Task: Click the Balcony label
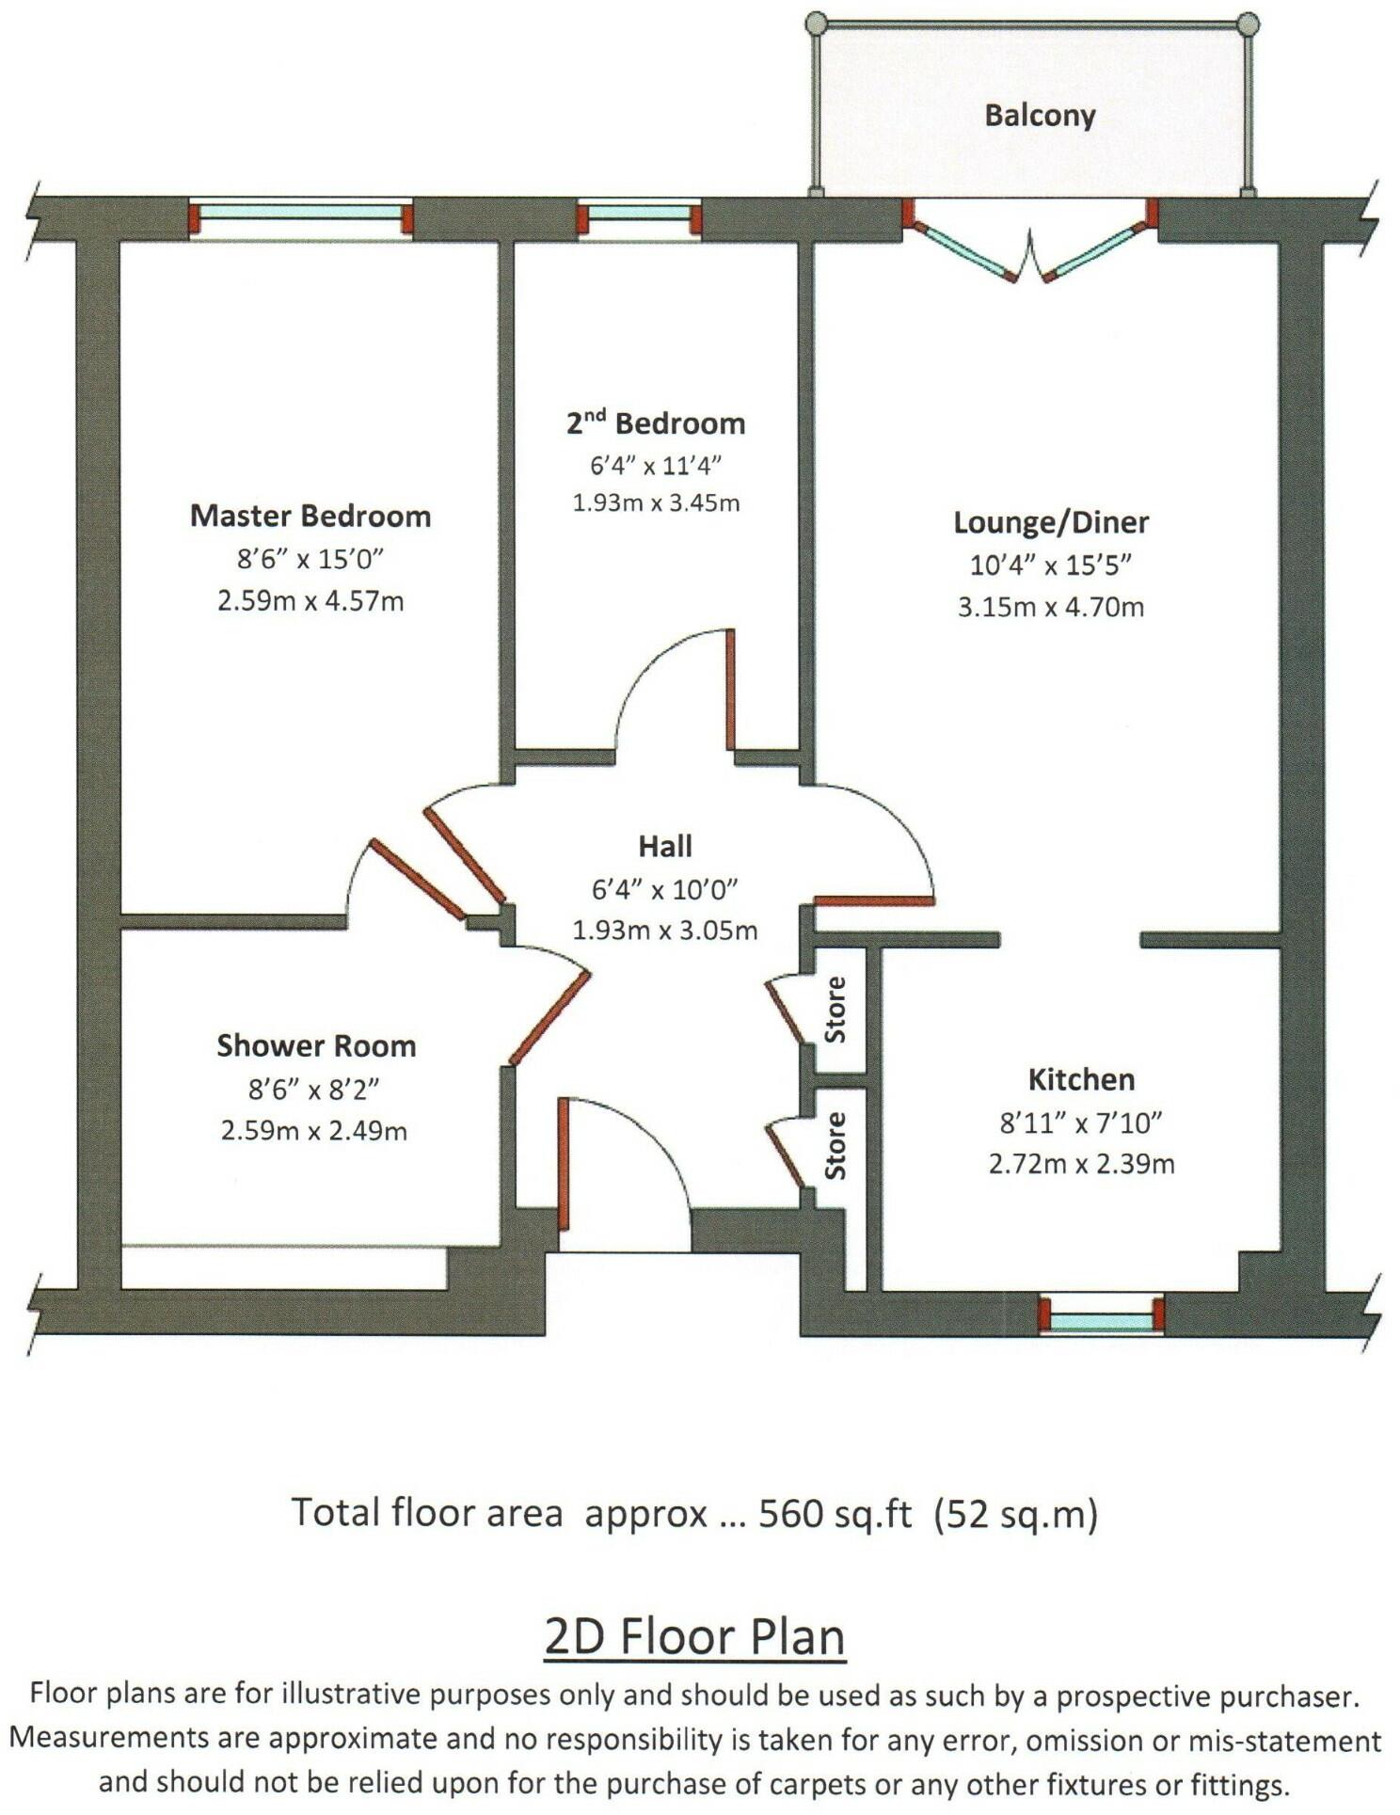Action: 1039,116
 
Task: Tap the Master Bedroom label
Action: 310,516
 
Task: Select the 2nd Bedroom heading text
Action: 656,423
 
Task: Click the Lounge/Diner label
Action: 1051,522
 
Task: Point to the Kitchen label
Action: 1081,1079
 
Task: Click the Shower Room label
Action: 316,1045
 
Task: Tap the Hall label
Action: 665,846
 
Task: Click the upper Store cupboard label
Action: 835,1010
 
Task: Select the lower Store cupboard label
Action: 835,1145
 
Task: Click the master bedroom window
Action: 301,214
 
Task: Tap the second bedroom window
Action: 640,214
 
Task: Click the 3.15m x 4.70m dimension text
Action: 1051,607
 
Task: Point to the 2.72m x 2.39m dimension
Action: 1081,1164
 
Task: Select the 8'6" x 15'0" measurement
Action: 310,560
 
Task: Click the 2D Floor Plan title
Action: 694,1636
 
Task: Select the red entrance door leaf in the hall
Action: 564,1164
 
